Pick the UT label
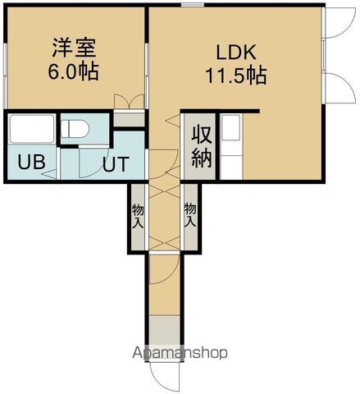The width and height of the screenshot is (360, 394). coord(115,164)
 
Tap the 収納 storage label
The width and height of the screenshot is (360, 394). coord(202,146)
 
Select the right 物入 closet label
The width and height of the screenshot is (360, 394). coord(190,215)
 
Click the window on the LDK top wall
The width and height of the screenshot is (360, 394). coord(193,6)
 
